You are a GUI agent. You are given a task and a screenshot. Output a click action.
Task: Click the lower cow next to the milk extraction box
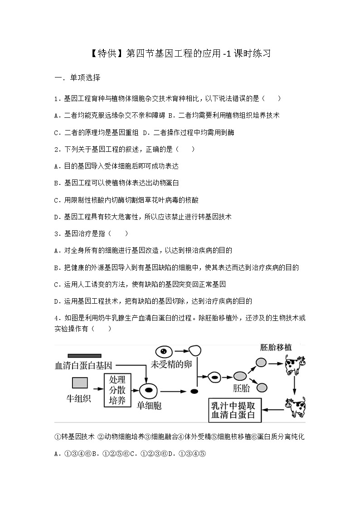[294, 407]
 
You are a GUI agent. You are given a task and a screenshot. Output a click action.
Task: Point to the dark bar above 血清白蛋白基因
[84, 356]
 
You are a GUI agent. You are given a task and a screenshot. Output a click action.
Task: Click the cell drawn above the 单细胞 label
[148, 390]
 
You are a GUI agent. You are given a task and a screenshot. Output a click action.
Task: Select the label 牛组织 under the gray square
[80, 398]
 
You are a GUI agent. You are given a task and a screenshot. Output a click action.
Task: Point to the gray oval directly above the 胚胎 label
[240, 376]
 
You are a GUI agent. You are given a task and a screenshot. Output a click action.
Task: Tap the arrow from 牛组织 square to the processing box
[97, 389]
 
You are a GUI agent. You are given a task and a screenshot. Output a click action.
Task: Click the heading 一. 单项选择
[77, 78]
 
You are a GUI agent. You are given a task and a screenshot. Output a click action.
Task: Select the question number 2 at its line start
[56, 149]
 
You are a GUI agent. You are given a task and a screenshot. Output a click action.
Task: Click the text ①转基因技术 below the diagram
[74, 436]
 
